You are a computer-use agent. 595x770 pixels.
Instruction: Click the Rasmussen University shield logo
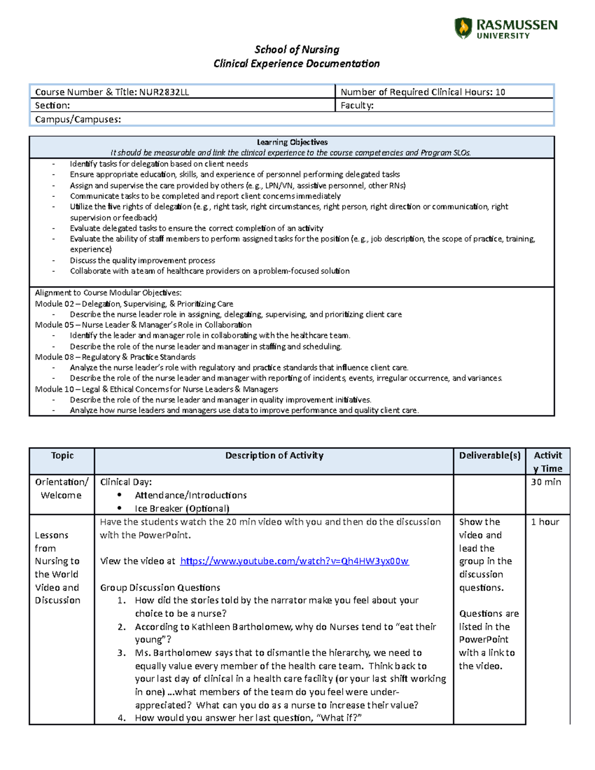(x=463, y=28)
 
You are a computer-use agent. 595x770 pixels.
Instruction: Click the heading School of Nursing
(x=297, y=50)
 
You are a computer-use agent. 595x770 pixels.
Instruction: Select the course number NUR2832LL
(x=164, y=92)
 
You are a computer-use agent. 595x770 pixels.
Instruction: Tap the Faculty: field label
(x=357, y=105)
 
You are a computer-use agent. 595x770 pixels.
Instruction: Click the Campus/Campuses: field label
(x=78, y=119)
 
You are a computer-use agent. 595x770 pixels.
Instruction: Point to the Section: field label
(x=52, y=105)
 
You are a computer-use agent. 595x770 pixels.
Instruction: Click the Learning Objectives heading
(x=292, y=142)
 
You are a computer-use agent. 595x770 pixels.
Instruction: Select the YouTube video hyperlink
(x=294, y=561)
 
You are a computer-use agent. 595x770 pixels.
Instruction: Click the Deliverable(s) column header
(x=489, y=456)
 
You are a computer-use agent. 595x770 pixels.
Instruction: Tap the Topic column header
(x=62, y=456)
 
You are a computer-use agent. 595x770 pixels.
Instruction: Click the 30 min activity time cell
(x=546, y=482)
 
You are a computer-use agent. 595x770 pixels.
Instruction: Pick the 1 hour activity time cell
(x=545, y=522)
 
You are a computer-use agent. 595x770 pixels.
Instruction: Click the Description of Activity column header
(x=274, y=456)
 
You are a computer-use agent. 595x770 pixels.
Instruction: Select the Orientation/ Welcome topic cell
(x=61, y=488)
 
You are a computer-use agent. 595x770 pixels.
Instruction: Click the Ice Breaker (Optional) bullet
(x=181, y=509)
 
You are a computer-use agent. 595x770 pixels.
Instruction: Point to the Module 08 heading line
(x=115, y=357)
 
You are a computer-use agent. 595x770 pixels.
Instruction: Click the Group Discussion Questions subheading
(x=160, y=588)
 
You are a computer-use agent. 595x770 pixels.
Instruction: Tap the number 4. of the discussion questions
(x=122, y=718)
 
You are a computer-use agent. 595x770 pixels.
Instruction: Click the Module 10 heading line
(x=156, y=389)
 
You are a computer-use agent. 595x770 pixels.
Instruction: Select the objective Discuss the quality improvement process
(x=142, y=260)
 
